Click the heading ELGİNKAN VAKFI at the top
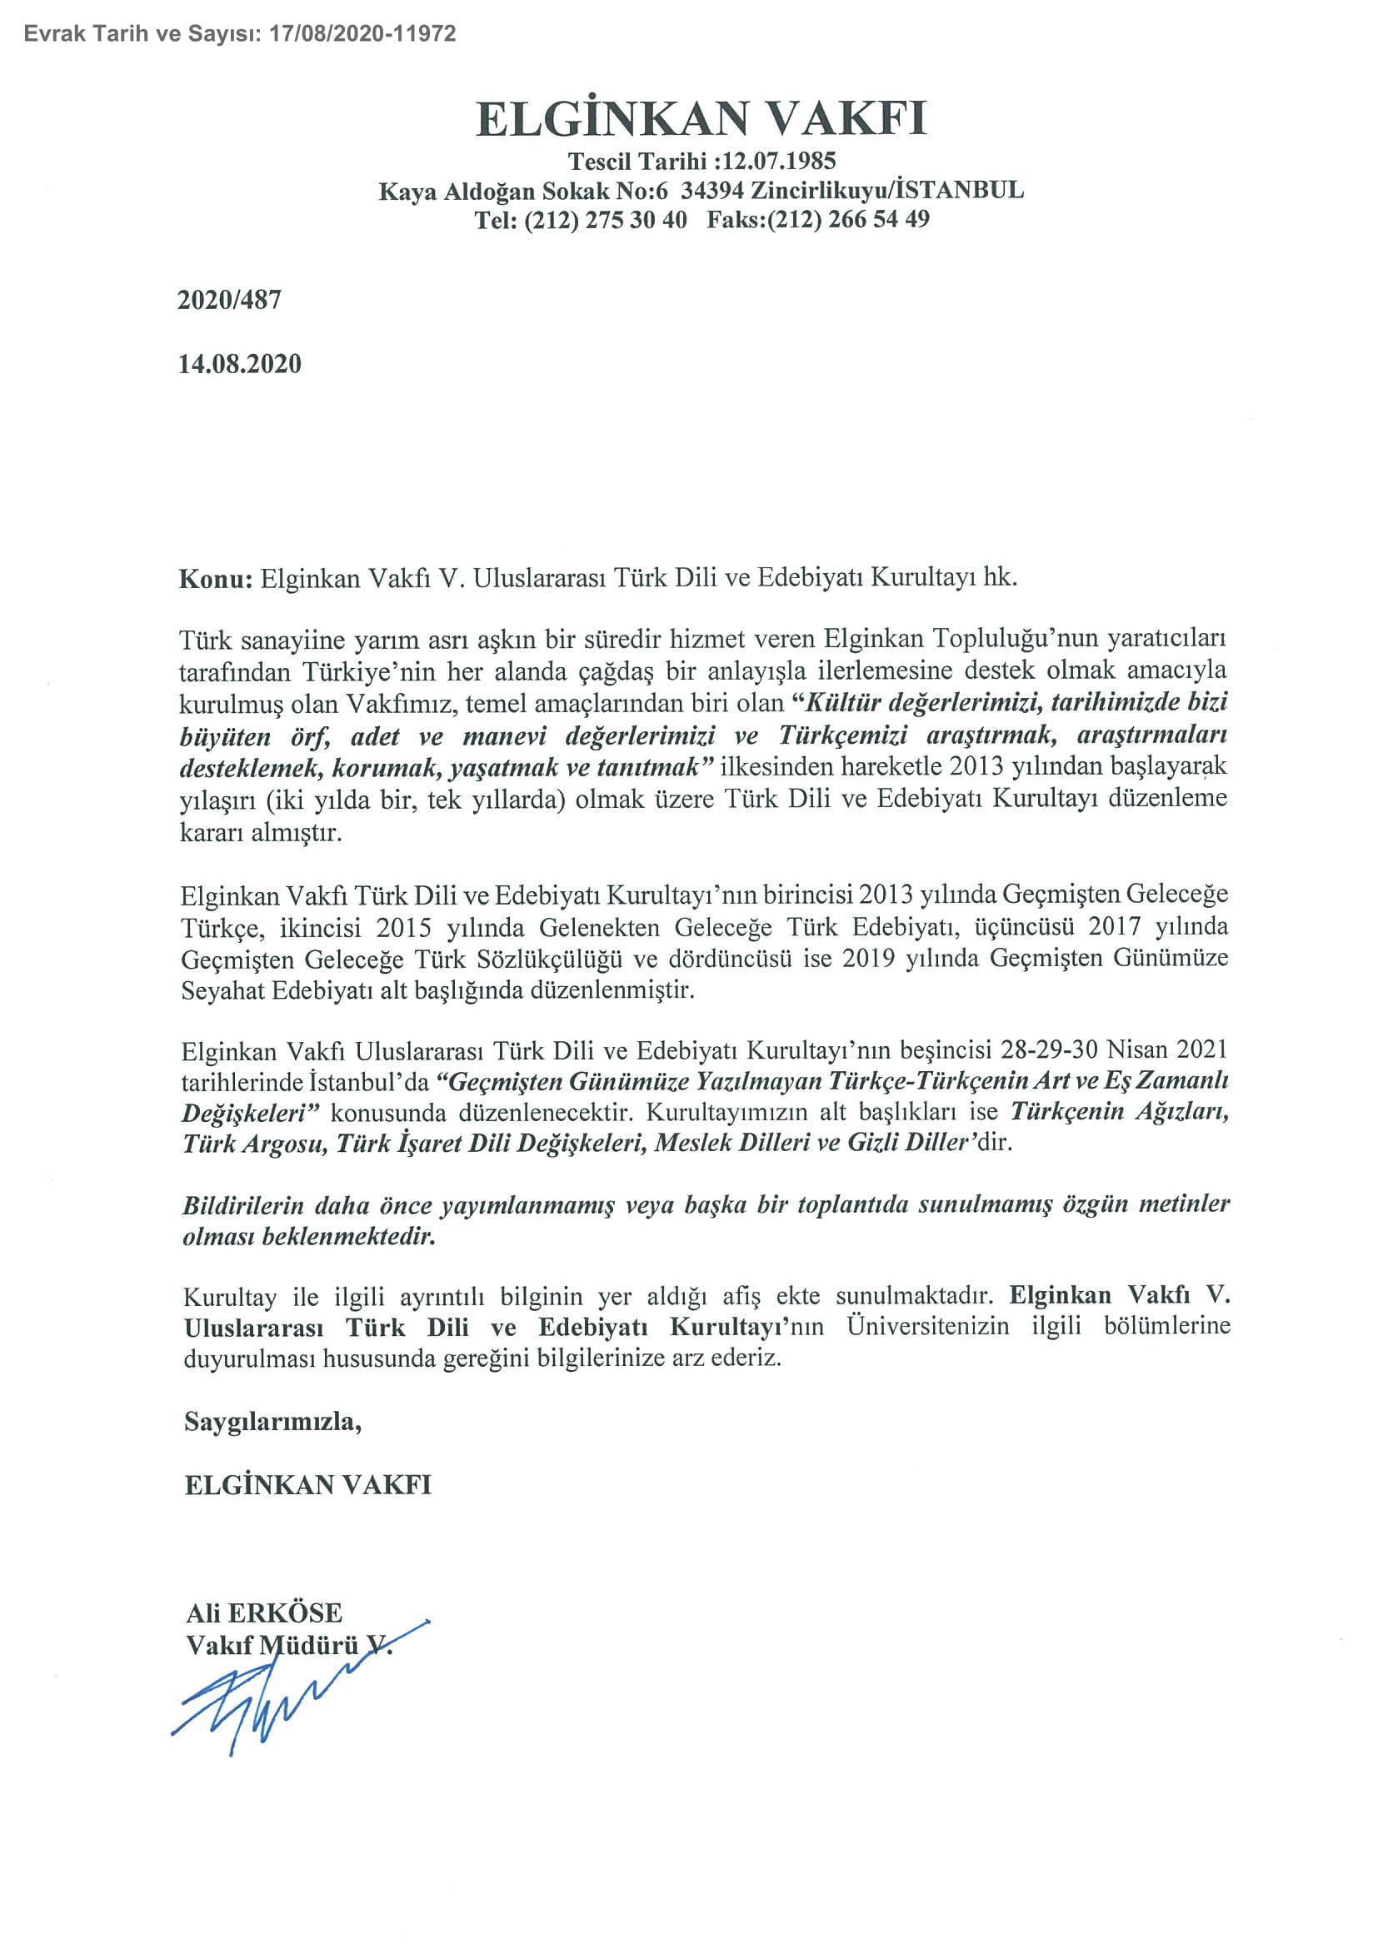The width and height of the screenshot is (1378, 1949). (x=701, y=119)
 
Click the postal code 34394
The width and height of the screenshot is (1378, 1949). (x=711, y=190)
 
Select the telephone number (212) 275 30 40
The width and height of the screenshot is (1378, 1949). (x=606, y=220)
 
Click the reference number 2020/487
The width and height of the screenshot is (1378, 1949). (x=229, y=300)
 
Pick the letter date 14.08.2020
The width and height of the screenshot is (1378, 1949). (x=239, y=364)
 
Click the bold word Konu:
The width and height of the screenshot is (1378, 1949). (x=216, y=579)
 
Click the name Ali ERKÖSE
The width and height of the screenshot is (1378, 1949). (x=264, y=1613)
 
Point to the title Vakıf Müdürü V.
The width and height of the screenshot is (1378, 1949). (x=288, y=1645)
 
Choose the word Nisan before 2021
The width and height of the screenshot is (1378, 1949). (x=1137, y=1050)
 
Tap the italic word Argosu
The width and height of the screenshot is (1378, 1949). (x=285, y=1144)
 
